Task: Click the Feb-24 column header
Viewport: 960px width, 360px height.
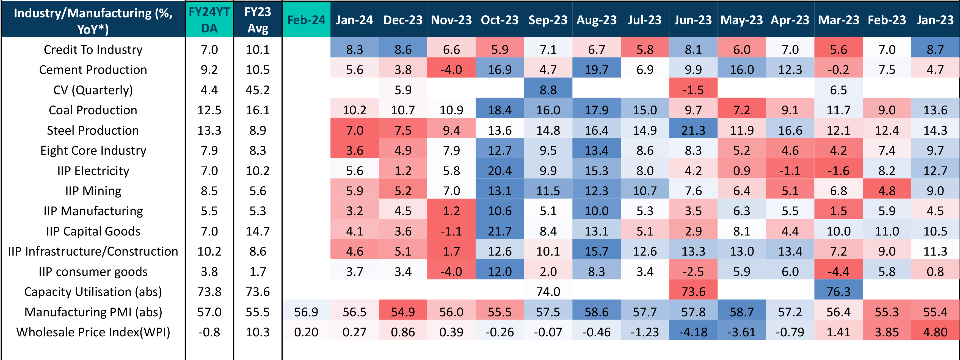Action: pos(306,20)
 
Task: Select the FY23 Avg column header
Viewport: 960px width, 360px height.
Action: pos(258,20)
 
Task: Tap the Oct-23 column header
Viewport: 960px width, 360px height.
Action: pos(499,20)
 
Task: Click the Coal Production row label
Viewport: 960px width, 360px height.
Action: pos(93,110)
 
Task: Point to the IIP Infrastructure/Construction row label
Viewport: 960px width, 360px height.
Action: pos(93,251)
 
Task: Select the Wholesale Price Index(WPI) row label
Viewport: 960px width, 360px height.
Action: pos(93,332)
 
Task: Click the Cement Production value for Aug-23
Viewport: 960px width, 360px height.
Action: pos(596,70)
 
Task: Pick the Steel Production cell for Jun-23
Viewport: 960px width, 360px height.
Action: pos(693,130)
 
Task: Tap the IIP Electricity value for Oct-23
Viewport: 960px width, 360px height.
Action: pos(499,171)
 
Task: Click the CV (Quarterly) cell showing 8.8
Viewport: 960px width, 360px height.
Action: pos(548,90)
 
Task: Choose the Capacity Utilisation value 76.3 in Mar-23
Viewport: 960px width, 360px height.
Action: pos(838,291)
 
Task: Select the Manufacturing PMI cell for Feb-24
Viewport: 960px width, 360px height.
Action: pos(306,312)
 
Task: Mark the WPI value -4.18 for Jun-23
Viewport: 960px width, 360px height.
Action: pos(693,332)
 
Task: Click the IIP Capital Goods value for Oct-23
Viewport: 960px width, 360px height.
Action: pos(499,231)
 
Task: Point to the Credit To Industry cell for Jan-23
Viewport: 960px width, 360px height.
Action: pos(935,49)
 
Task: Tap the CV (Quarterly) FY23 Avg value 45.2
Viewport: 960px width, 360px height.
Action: pos(258,90)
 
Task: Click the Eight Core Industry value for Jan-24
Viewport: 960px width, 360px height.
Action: pos(354,151)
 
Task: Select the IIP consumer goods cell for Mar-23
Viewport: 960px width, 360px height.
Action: pos(838,271)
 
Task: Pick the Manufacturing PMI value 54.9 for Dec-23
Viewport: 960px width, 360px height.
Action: pos(403,312)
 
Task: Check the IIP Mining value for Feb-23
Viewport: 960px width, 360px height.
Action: pos(887,191)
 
